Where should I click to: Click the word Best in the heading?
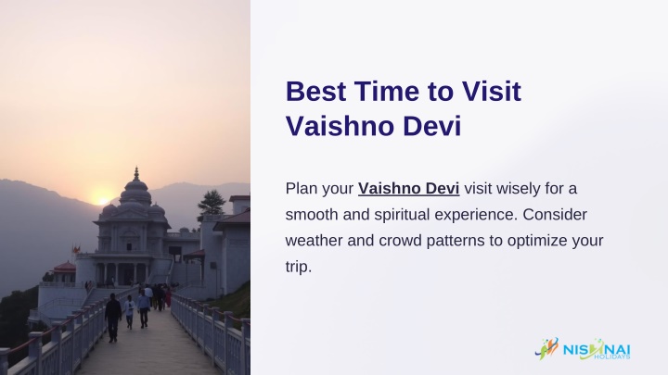[x=315, y=92]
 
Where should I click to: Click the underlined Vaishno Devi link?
[x=408, y=188]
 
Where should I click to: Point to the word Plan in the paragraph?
[x=298, y=188]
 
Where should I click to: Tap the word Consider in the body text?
[x=555, y=215]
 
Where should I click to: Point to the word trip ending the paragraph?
[x=299, y=267]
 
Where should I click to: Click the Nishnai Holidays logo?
[x=583, y=349]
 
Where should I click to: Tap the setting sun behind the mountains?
[x=102, y=200]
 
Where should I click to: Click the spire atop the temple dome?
[x=136, y=173]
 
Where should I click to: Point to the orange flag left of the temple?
[x=76, y=250]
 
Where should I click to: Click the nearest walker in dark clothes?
[x=113, y=318]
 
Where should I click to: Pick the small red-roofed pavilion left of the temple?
[x=64, y=272]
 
